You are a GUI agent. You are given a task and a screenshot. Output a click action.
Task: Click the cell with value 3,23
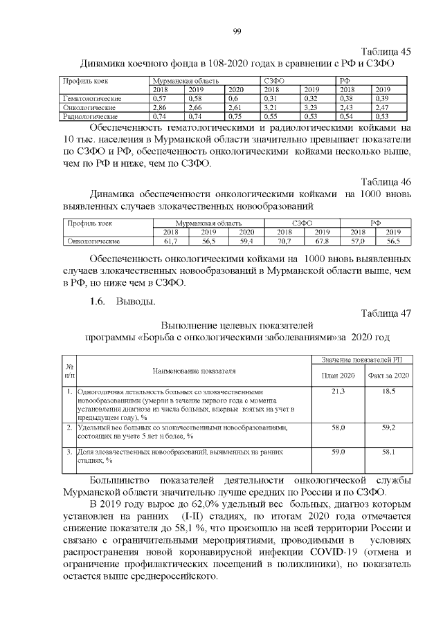[x=311, y=108]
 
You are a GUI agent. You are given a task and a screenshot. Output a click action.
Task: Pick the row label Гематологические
[x=92, y=99]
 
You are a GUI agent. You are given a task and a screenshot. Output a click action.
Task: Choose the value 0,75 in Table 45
[x=236, y=117]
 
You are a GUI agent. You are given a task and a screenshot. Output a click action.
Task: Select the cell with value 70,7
[x=284, y=241]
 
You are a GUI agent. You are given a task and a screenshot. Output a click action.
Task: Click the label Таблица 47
[x=386, y=313]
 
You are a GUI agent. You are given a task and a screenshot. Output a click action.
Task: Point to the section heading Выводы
[x=136, y=302]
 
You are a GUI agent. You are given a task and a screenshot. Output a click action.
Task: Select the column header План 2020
[x=339, y=374]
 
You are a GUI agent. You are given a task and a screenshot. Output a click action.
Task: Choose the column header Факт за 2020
[x=389, y=374]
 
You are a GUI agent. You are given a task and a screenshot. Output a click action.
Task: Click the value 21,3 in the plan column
[x=339, y=392]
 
